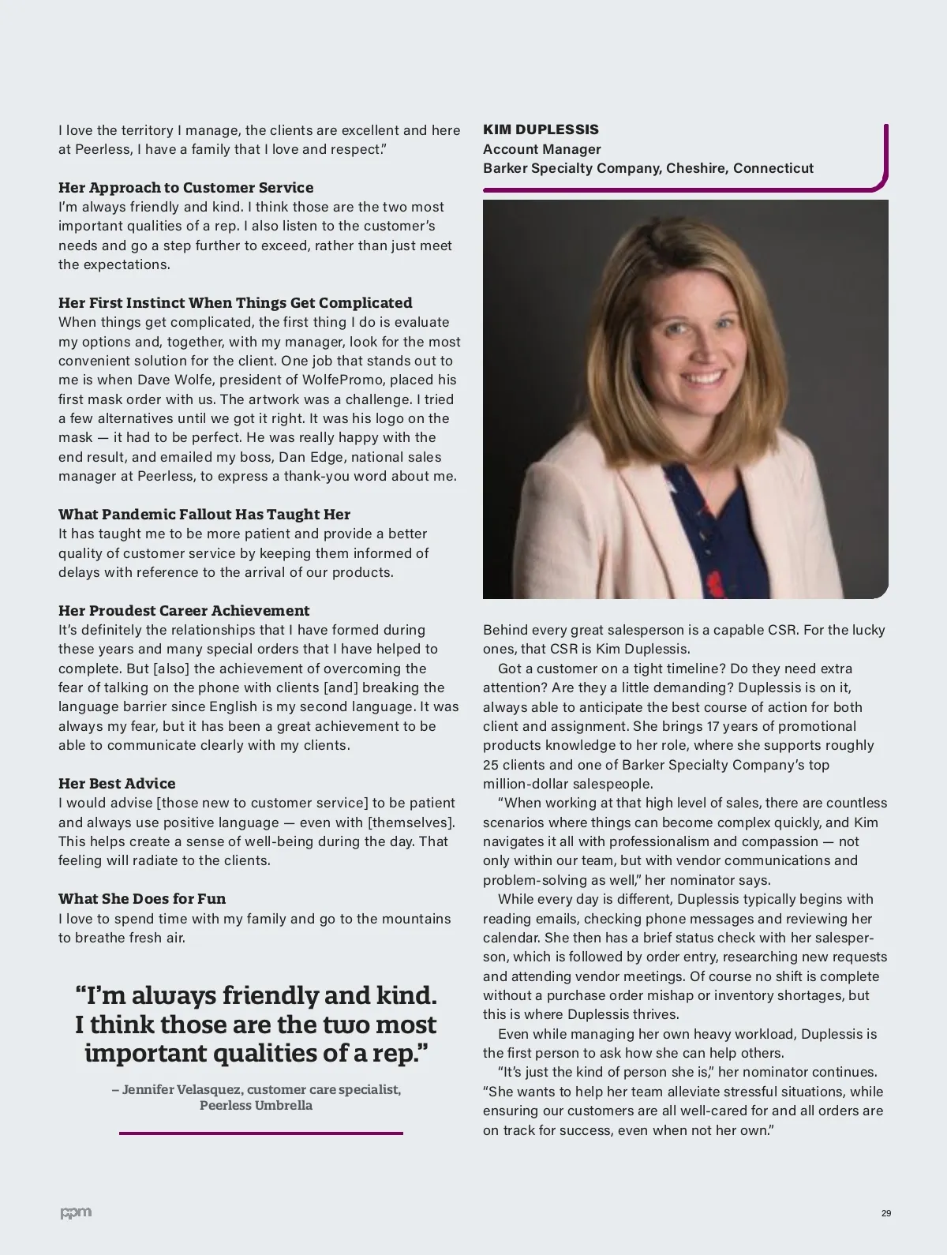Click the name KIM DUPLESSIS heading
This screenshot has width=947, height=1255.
[541, 129]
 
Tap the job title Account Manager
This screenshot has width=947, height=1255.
[541, 149]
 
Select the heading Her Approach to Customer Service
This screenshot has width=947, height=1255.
[185, 188]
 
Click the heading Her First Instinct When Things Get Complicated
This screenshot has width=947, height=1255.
[235, 303]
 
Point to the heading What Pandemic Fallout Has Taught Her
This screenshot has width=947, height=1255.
[204, 515]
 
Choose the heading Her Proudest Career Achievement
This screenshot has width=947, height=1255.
[184, 611]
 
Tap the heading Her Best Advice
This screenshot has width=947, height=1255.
[117, 784]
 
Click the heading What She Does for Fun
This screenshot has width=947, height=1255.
[142, 899]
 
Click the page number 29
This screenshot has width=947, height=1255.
[886, 1213]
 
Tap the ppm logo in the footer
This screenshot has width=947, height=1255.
[76, 1212]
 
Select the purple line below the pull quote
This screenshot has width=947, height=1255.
[260, 1133]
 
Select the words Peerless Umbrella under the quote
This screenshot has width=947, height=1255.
[256, 1106]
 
